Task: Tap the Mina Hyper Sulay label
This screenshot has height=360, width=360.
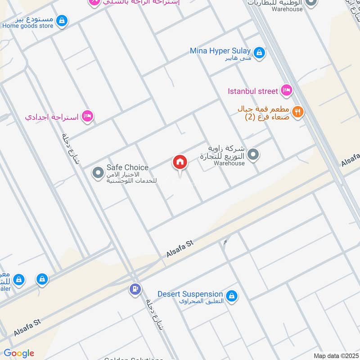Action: [220, 50]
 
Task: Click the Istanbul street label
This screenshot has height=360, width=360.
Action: [253, 91]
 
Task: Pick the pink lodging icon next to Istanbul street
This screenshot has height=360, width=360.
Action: [286, 91]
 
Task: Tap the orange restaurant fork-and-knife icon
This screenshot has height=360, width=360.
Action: [297, 111]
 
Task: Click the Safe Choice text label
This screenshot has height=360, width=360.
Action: [127, 167]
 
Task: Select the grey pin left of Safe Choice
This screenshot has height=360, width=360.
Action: [98, 172]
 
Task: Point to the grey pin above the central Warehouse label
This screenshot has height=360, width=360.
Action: [254, 155]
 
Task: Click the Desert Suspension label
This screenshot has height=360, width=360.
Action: [190, 294]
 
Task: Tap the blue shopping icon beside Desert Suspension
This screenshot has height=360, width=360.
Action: [232, 296]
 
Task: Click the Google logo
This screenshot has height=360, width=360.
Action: [19, 353]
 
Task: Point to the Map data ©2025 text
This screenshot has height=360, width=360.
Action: [335, 355]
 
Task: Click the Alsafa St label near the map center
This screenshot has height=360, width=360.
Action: [179, 248]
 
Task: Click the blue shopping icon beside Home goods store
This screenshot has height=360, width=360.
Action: [63, 20]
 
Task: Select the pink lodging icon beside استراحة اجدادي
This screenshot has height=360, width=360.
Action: [87, 116]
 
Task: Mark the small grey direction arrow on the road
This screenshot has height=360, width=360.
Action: [225, 243]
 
